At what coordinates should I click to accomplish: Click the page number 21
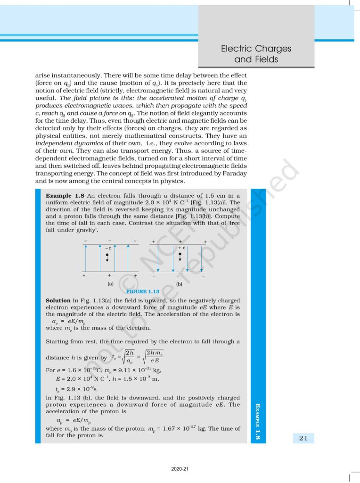(x=303, y=438)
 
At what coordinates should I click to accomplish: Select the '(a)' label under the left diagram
(x=110, y=284)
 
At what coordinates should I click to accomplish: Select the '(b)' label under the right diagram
(x=180, y=284)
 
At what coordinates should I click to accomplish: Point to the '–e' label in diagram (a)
(x=108, y=248)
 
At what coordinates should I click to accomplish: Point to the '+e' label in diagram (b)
(x=181, y=248)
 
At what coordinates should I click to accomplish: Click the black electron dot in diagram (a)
(x=108, y=255)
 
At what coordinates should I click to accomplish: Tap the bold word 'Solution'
(x=58, y=300)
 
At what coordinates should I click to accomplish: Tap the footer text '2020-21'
(x=180, y=469)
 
